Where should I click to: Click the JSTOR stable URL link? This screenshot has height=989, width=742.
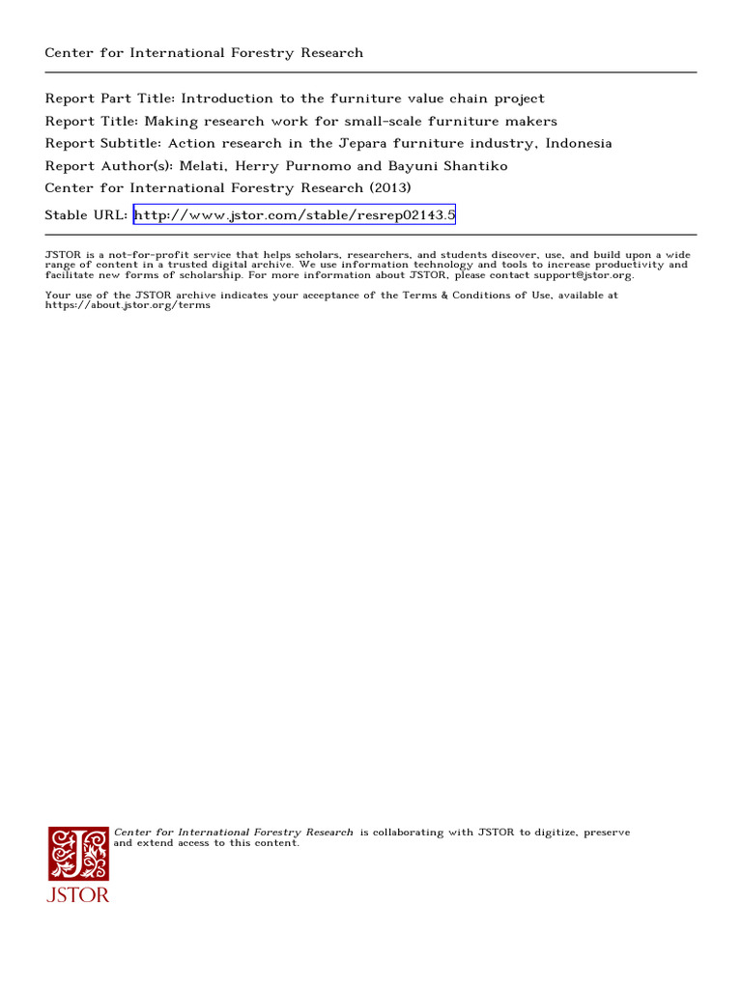pyautogui.click(x=294, y=215)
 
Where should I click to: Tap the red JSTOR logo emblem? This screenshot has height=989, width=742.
pyautogui.click(x=79, y=853)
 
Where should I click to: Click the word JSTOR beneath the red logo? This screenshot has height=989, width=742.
pyautogui.click(x=79, y=894)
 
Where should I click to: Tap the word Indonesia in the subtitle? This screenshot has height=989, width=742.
pyautogui.click(x=578, y=143)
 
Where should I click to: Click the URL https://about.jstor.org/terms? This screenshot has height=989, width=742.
pyautogui.click(x=128, y=305)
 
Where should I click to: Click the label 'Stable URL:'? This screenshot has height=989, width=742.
pyautogui.click(x=86, y=215)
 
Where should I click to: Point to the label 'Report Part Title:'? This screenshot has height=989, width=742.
pyautogui.click(x=109, y=99)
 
